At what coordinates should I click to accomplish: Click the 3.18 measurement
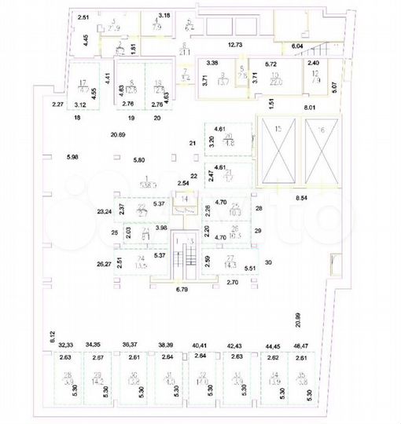[164, 15]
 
